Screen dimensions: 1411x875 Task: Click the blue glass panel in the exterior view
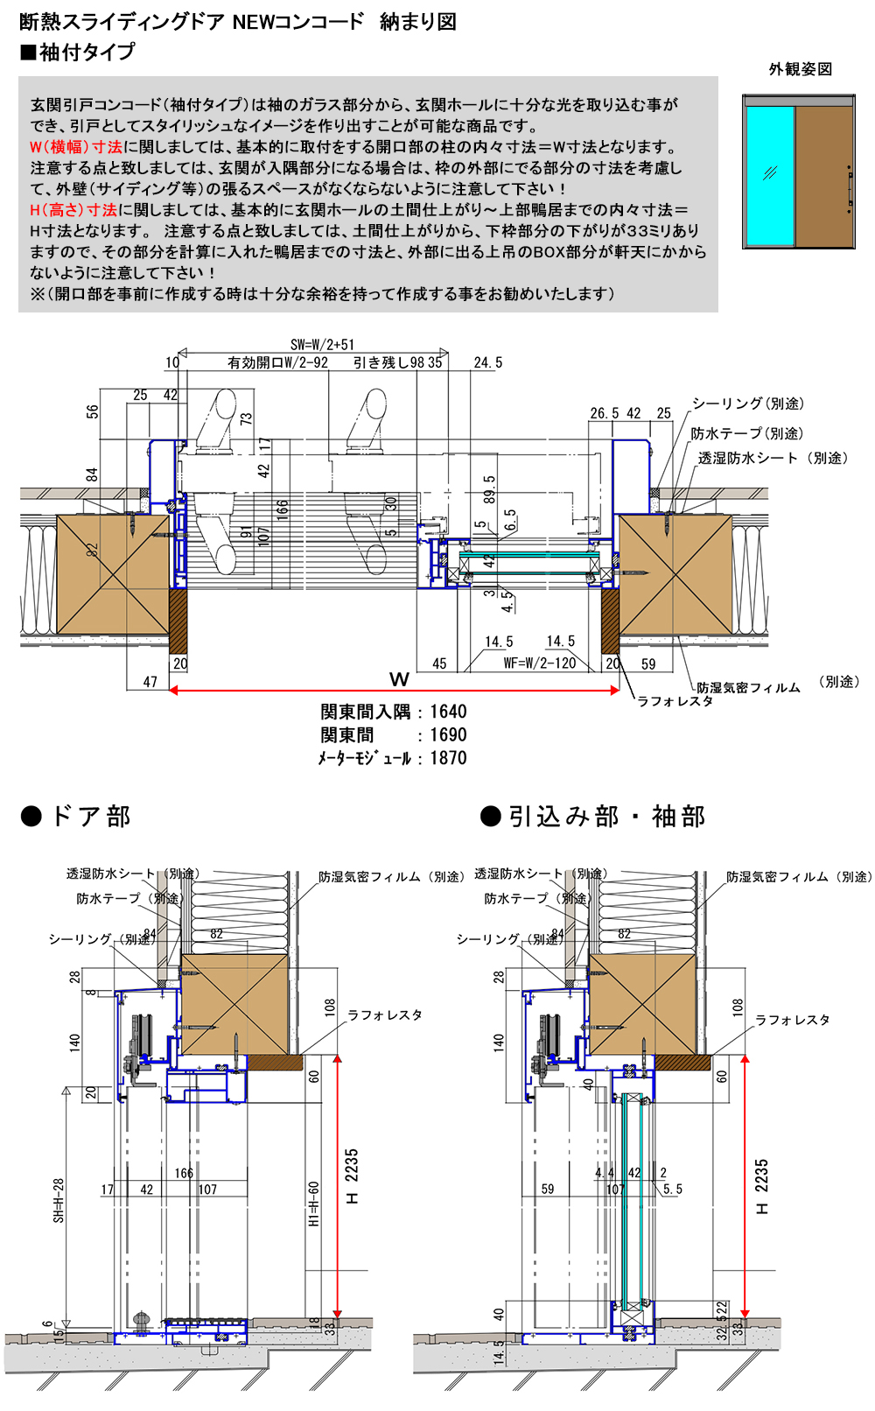click(770, 176)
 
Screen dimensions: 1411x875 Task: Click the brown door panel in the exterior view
click(823, 176)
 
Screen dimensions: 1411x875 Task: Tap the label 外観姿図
click(800, 69)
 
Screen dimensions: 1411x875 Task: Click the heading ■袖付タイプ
click(78, 53)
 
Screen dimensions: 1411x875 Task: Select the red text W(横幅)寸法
click(76, 147)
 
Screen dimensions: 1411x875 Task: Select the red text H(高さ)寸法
click(73, 210)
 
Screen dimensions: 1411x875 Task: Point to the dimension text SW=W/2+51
click(322, 345)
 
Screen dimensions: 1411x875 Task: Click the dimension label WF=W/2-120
click(540, 663)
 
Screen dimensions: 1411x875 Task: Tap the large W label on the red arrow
click(399, 679)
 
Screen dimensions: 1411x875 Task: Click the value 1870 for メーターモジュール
click(448, 758)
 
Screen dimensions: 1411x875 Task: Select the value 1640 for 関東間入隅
click(448, 712)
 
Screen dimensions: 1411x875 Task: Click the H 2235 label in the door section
click(352, 1176)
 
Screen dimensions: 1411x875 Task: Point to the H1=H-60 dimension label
click(313, 1204)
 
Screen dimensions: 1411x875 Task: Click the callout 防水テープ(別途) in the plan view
click(746, 434)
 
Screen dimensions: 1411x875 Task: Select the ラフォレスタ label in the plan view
click(675, 700)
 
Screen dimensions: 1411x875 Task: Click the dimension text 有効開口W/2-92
click(277, 362)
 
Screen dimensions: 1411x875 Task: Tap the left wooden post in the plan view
click(112, 573)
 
